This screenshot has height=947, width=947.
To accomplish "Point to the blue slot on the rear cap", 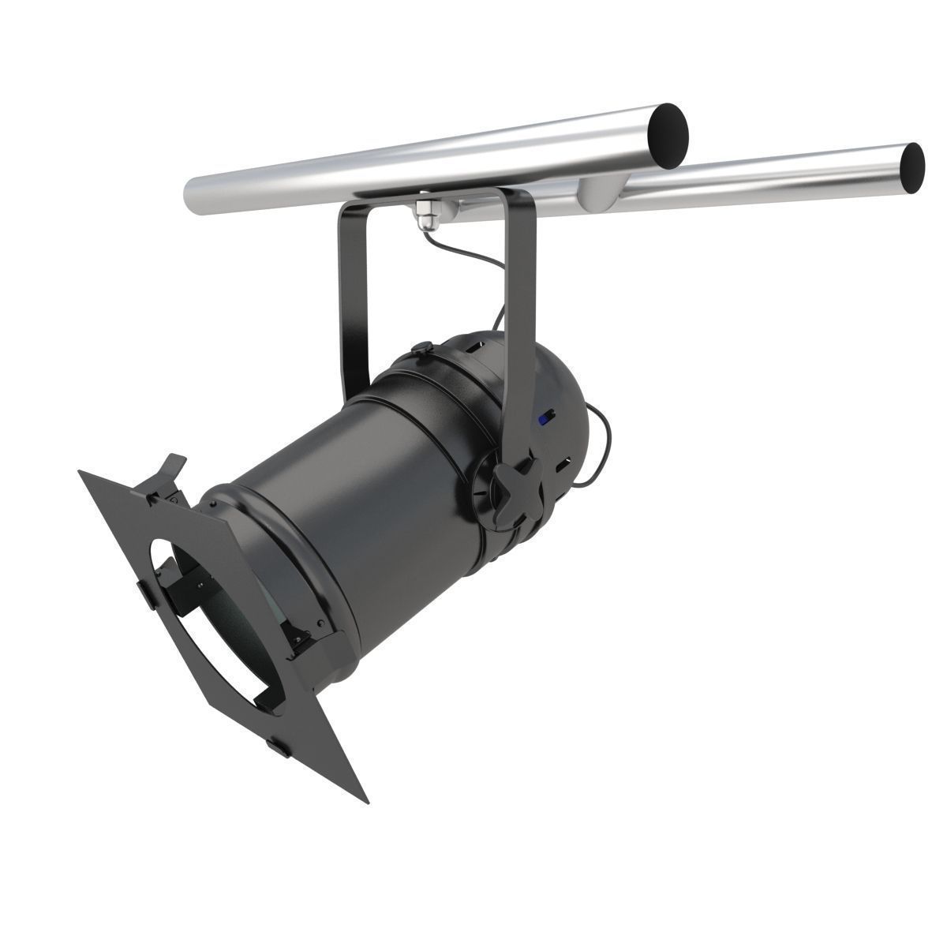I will (x=544, y=419).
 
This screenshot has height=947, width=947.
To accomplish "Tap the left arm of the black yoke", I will (x=354, y=300).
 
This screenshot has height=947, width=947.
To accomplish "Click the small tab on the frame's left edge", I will (x=144, y=597).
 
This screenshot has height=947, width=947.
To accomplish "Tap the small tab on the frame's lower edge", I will (x=278, y=743).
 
